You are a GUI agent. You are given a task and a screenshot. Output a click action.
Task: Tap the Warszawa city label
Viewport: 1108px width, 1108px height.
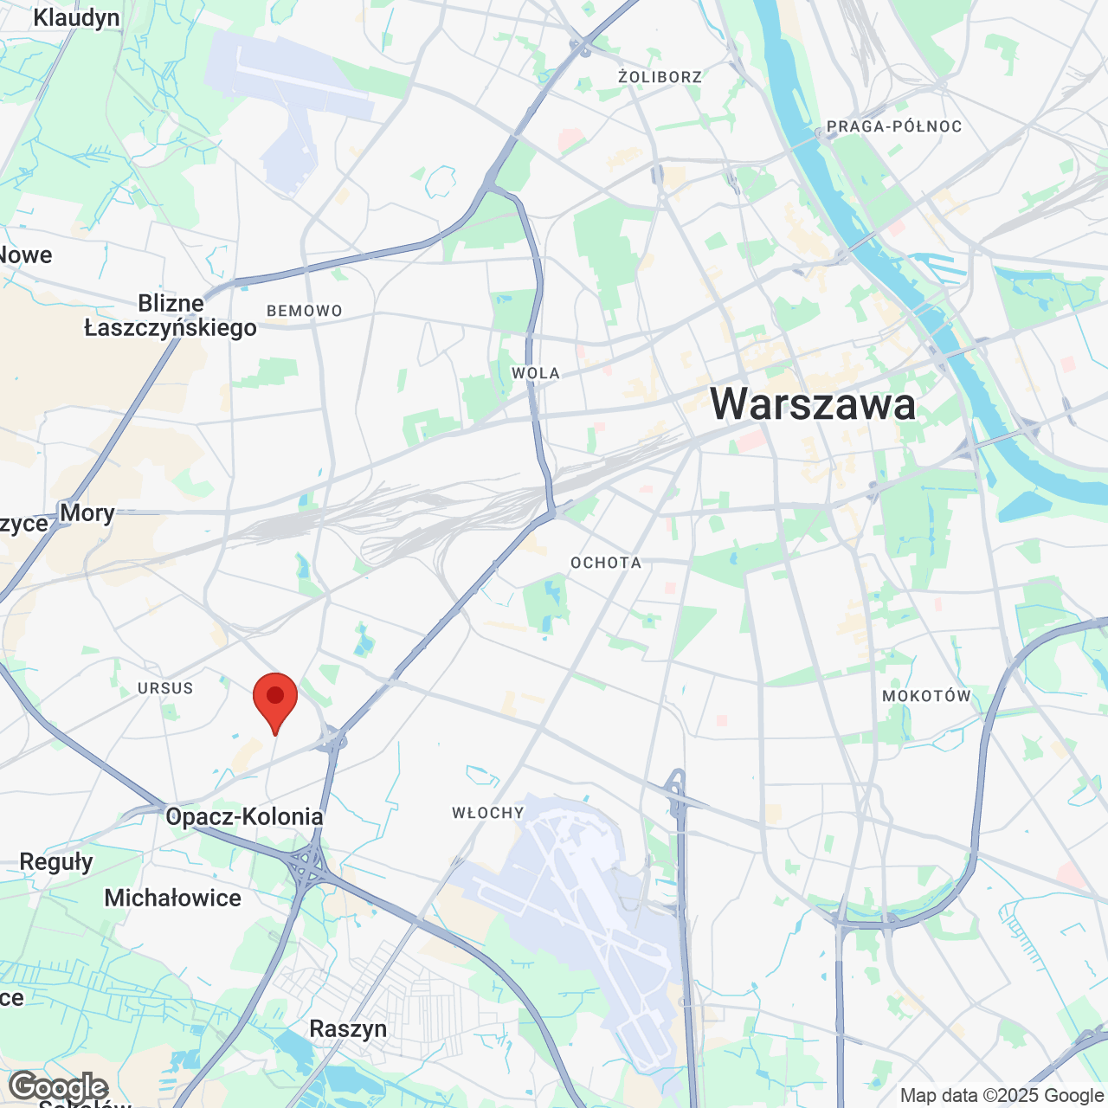point(813,403)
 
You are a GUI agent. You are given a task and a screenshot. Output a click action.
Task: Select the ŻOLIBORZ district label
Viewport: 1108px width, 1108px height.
point(660,77)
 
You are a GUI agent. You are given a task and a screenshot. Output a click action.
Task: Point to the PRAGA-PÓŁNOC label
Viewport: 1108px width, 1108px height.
point(893,126)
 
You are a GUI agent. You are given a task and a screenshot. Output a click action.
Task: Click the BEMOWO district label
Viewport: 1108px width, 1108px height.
point(305,311)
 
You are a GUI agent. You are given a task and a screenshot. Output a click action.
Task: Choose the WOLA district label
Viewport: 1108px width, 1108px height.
point(536,373)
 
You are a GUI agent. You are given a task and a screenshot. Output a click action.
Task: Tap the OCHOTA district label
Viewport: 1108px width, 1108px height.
point(606,563)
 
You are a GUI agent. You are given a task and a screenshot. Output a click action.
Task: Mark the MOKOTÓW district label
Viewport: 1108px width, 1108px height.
point(926,696)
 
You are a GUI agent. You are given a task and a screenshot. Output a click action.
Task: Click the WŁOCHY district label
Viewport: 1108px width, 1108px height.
point(488,813)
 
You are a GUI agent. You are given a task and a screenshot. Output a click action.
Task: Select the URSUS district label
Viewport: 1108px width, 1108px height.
point(165,688)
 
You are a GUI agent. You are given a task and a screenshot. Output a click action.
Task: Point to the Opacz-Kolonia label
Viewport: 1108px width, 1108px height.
point(244,816)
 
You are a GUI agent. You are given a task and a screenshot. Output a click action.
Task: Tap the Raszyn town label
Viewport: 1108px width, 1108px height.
point(348,1028)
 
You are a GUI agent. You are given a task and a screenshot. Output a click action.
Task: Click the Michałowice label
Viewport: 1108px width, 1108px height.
point(173,898)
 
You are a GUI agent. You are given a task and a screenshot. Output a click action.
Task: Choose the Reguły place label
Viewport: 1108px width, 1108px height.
point(56,862)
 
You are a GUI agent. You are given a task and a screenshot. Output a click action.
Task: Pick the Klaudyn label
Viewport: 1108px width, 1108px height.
point(76,17)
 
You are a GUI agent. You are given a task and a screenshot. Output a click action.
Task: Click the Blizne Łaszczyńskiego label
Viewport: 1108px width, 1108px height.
point(171,315)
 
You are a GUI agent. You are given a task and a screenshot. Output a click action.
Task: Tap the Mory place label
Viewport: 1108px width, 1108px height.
point(87,512)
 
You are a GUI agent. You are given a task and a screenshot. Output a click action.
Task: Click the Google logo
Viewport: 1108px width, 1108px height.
point(58,1087)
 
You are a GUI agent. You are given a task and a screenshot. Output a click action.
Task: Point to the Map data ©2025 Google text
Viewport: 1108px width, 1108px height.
point(1002,1095)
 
